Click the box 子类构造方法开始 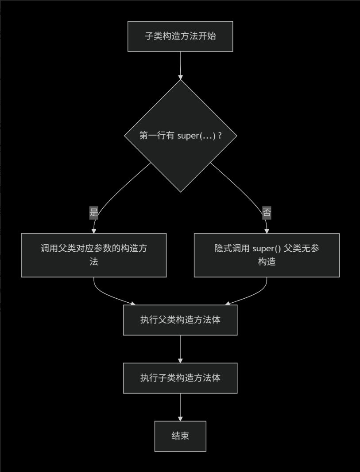pyautogui.click(x=180, y=36)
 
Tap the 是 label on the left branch pyautogui.click(x=94, y=212)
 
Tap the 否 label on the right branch pyautogui.click(x=267, y=212)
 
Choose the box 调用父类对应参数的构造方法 pyautogui.click(x=94, y=255)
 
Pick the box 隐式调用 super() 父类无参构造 pyautogui.click(x=267, y=255)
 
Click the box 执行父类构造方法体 pyautogui.click(x=180, y=320)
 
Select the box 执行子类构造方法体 pyautogui.click(x=180, y=378)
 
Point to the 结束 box pyautogui.click(x=180, y=436)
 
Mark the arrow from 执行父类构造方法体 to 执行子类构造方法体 pyautogui.click(x=180, y=349)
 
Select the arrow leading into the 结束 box pyautogui.click(x=180, y=407)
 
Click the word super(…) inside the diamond pyautogui.click(x=196, y=136)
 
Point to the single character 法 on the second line pyautogui.click(x=94, y=261)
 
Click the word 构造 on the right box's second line pyautogui.click(x=267, y=261)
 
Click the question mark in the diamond pyautogui.click(x=220, y=136)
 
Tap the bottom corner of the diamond pyautogui.click(x=180, y=191)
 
